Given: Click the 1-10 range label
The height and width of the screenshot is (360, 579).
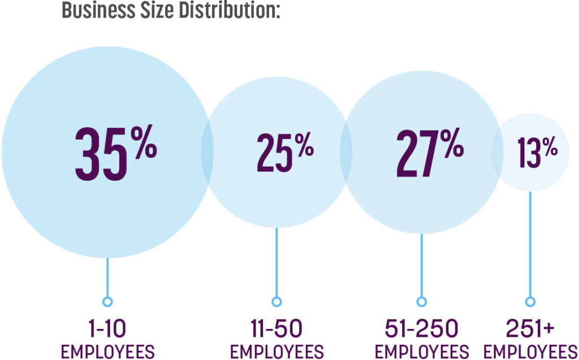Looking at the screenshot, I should pyautogui.click(x=107, y=328).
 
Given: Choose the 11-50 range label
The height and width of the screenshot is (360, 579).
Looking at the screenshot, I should pyautogui.click(x=276, y=328).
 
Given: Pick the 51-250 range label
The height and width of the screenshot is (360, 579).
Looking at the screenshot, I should pyautogui.click(x=421, y=328).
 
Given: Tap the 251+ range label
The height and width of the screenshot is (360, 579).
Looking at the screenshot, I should pyautogui.click(x=530, y=328).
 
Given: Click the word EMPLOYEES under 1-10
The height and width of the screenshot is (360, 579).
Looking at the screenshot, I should pyautogui.click(x=107, y=352).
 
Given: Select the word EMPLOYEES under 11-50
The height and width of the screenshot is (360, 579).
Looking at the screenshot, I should pyautogui.click(x=276, y=352).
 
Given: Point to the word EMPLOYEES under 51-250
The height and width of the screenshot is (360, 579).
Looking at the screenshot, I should pyautogui.click(x=421, y=352).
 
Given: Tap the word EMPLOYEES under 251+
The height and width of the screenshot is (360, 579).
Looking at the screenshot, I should pyautogui.click(x=530, y=352).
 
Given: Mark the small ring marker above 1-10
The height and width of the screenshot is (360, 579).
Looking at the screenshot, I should pyautogui.click(x=107, y=301).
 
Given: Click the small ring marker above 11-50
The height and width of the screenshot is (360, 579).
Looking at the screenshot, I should pyautogui.click(x=276, y=301).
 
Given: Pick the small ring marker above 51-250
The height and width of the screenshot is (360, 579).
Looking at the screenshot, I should pyautogui.click(x=421, y=301).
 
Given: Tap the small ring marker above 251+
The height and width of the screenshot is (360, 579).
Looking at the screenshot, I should pyautogui.click(x=530, y=301).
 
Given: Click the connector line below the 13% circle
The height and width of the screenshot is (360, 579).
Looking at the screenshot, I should pyautogui.click(x=530, y=243).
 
